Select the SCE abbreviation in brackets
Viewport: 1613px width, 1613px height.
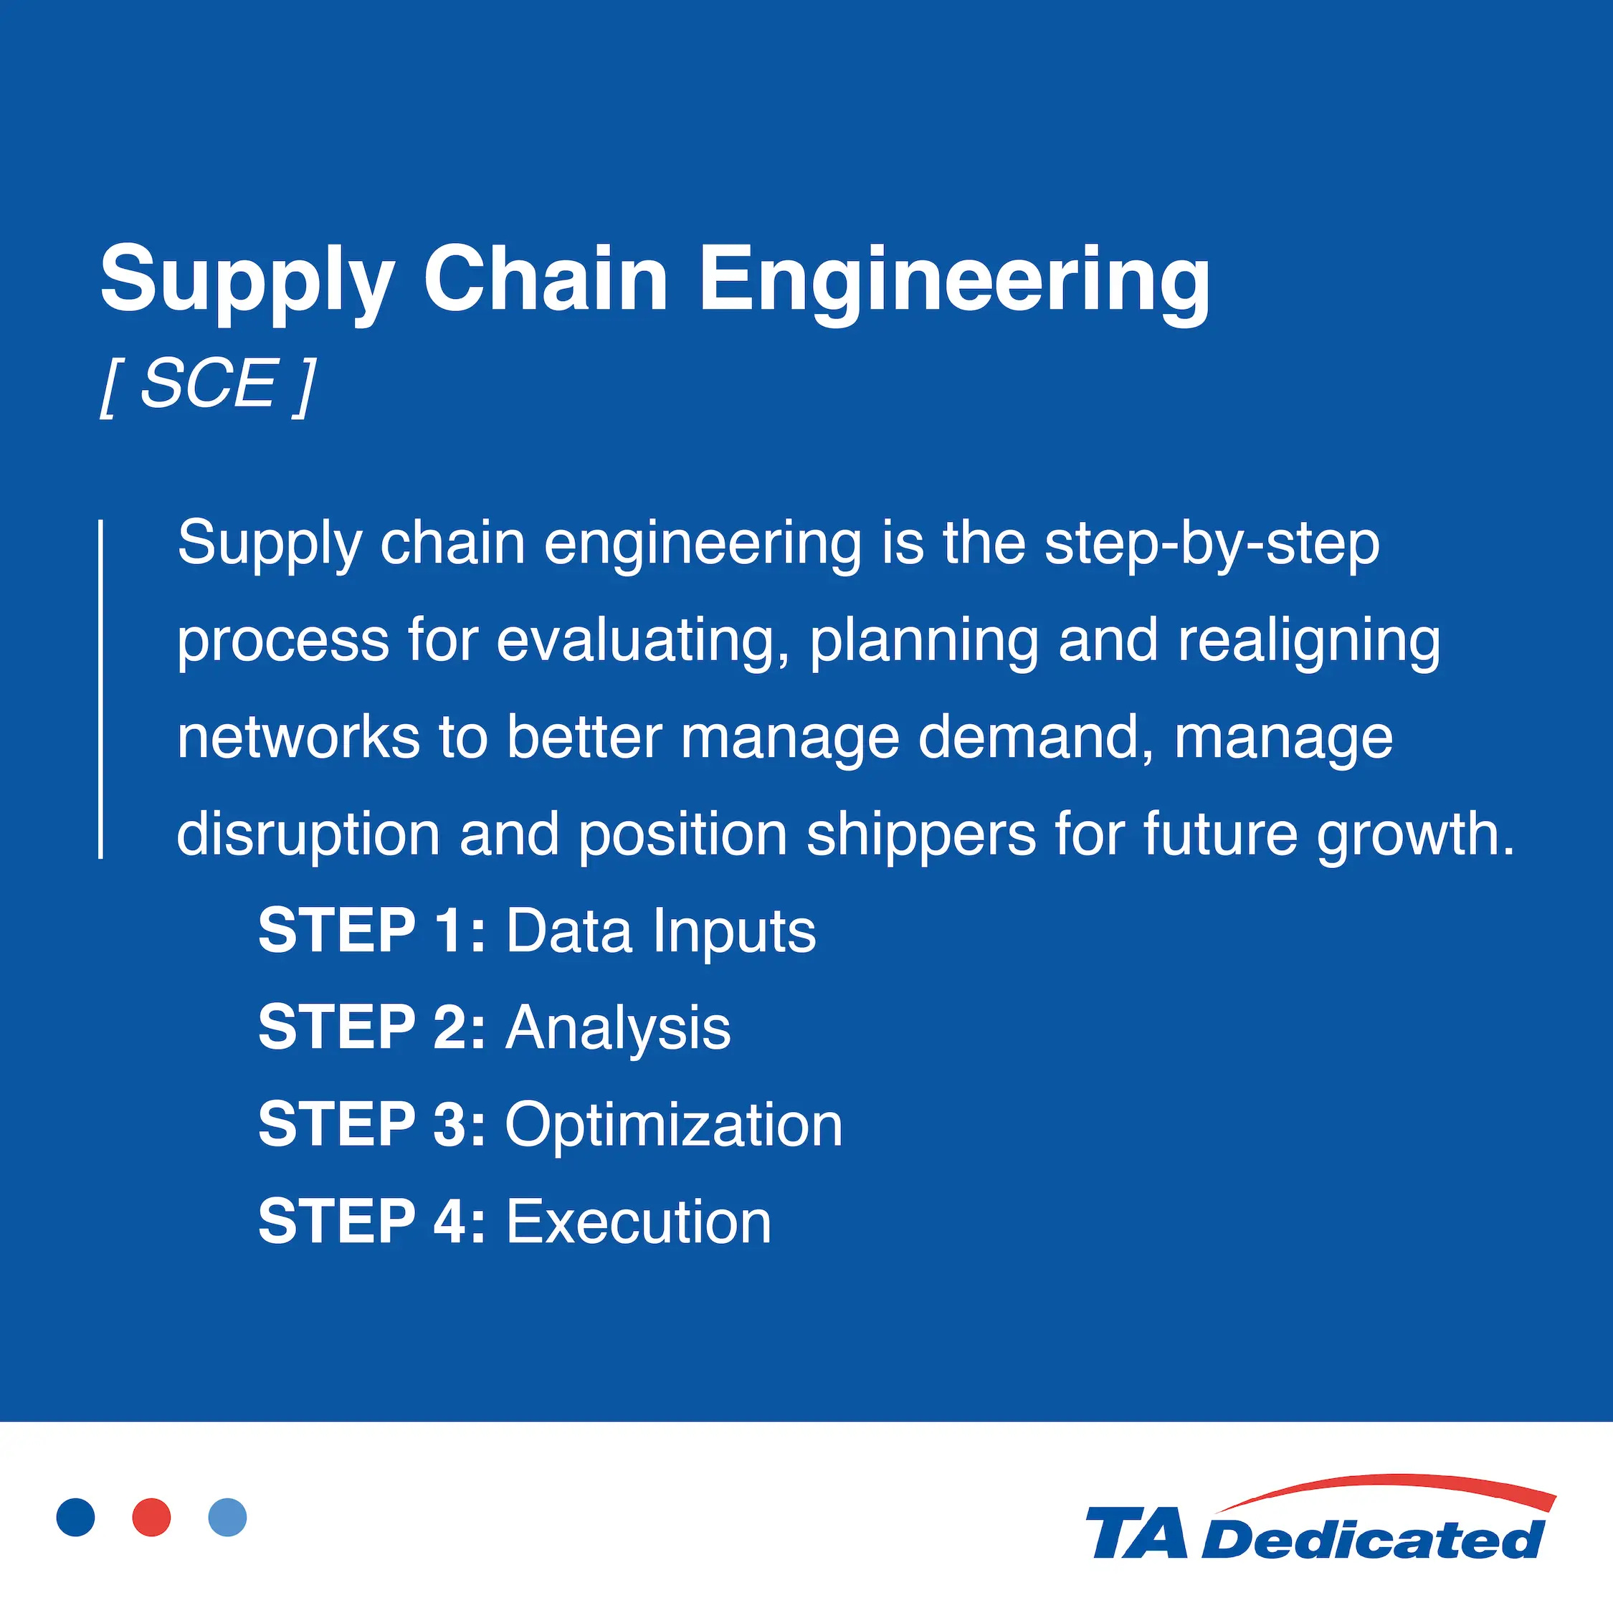pyautogui.click(x=207, y=385)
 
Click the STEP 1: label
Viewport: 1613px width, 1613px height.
pyautogui.click(x=371, y=931)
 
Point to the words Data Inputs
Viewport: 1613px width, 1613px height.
pyautogui.click(x=660, y=931)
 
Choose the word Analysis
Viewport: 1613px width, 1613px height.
pyautogui.click(x=618, y=1028)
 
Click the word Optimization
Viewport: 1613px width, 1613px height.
pyautogui.click(x=674, y=1125)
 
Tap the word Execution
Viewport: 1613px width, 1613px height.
pyautogui.click(x=639, y=1222)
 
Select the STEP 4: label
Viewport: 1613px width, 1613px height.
pyautogui.click(x=371, y=1222)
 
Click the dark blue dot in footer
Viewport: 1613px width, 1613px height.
pyautogui.click(x=76, y=1517)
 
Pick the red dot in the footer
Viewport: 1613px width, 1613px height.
pyautogui.click(x=152, y=1517)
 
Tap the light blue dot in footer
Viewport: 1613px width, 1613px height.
pyautogui.click(x=228, y=1517)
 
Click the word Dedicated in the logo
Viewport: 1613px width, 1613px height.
pyautogui.click(x=1374, y=1538)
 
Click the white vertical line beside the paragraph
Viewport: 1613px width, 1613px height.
pyautogui.click(x=101, y=689)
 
